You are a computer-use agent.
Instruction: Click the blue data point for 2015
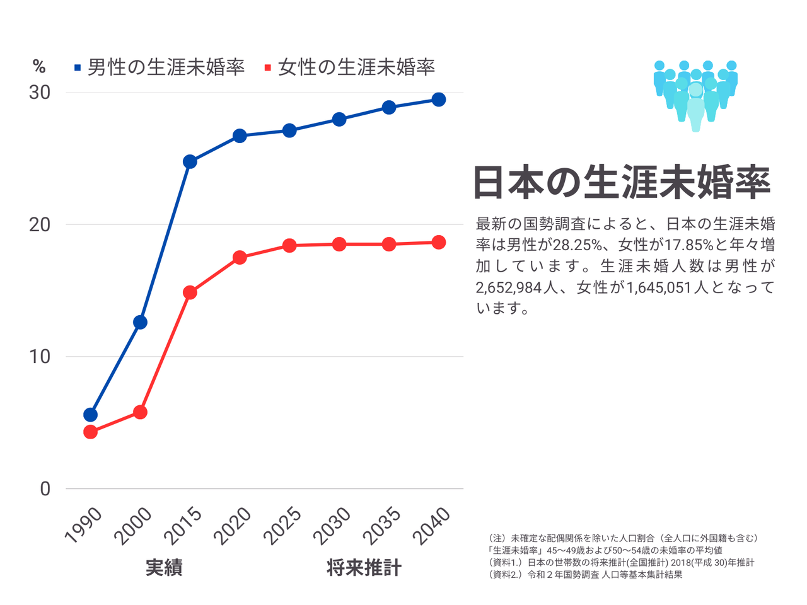pos(190,162)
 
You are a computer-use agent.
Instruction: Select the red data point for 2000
pos(140,412)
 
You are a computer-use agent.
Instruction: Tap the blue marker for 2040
pos(438,100)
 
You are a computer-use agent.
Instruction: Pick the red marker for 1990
pos(90,432)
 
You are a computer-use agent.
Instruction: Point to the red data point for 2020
pos(240,257)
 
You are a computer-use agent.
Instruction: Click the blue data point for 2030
pos(339,119)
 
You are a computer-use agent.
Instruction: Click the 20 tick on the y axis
pos(40,224)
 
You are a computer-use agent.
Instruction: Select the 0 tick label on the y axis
pos(45,489)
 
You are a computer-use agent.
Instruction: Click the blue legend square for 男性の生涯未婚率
pos(78,67)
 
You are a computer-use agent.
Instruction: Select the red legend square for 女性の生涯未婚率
pos(268,67)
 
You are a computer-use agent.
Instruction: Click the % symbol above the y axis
pos(39,67)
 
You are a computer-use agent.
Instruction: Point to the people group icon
pos(695,95)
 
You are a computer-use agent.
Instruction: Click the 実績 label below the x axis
pos(164,568)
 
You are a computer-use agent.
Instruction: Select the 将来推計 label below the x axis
pos(364,568)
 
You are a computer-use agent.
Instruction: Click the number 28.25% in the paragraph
pos(577,245)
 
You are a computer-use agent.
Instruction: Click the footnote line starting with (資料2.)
pos(586,575)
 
